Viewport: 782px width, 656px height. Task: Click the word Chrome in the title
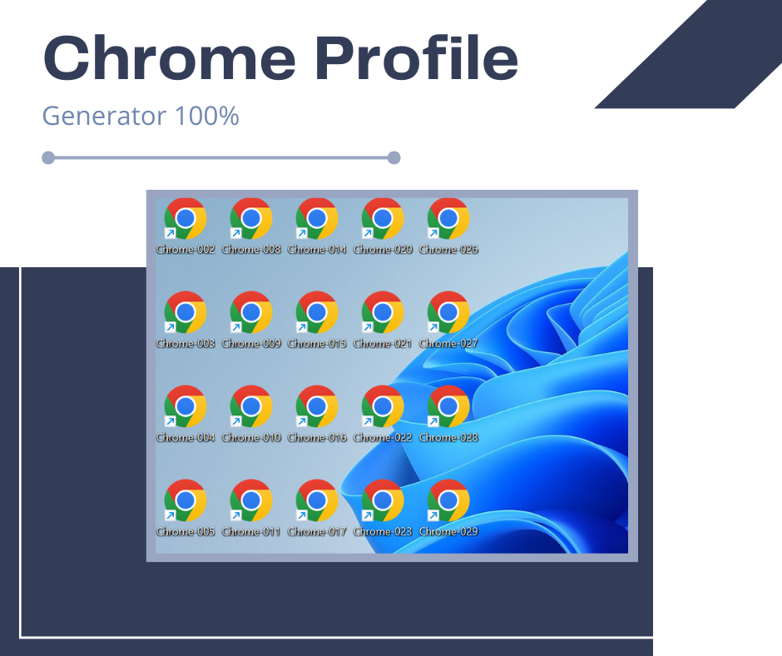click(x=169, y=57)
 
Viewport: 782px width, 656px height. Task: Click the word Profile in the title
click(x=417, y=57)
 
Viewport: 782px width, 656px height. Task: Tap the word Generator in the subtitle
click(x=104, y=116)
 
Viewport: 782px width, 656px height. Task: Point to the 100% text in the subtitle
click(x=207, y=116)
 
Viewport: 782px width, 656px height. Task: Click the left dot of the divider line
click(x=48, y=158)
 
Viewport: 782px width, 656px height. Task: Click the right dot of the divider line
click(x=394, y=158)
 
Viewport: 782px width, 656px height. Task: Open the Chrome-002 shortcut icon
click(x=186, y=219)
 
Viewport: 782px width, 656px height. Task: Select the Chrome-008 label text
click(x=251, y=249)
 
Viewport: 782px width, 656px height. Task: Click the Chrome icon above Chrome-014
click(x=317, y=219)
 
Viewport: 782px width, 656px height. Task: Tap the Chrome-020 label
click(x=383, y=249)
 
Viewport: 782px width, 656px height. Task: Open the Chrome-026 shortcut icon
click(x=448, y=219)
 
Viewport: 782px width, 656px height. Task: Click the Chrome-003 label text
click(x=186, y=344)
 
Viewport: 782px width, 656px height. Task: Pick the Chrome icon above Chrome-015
click(x=317, y=312)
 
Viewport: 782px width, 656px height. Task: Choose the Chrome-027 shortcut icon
click(x=448, y=312)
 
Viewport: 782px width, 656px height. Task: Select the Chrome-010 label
click(x=251, y=437)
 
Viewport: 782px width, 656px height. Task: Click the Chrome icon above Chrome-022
click(x=383, y=406)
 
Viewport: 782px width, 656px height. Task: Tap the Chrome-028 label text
click(x=448, y=437)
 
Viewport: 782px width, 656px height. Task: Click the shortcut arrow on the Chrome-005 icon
click(x=170, y=515)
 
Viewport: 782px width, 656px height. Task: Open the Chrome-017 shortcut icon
click(x=317, y=500)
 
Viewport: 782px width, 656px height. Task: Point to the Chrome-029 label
click(x=448, y=532)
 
